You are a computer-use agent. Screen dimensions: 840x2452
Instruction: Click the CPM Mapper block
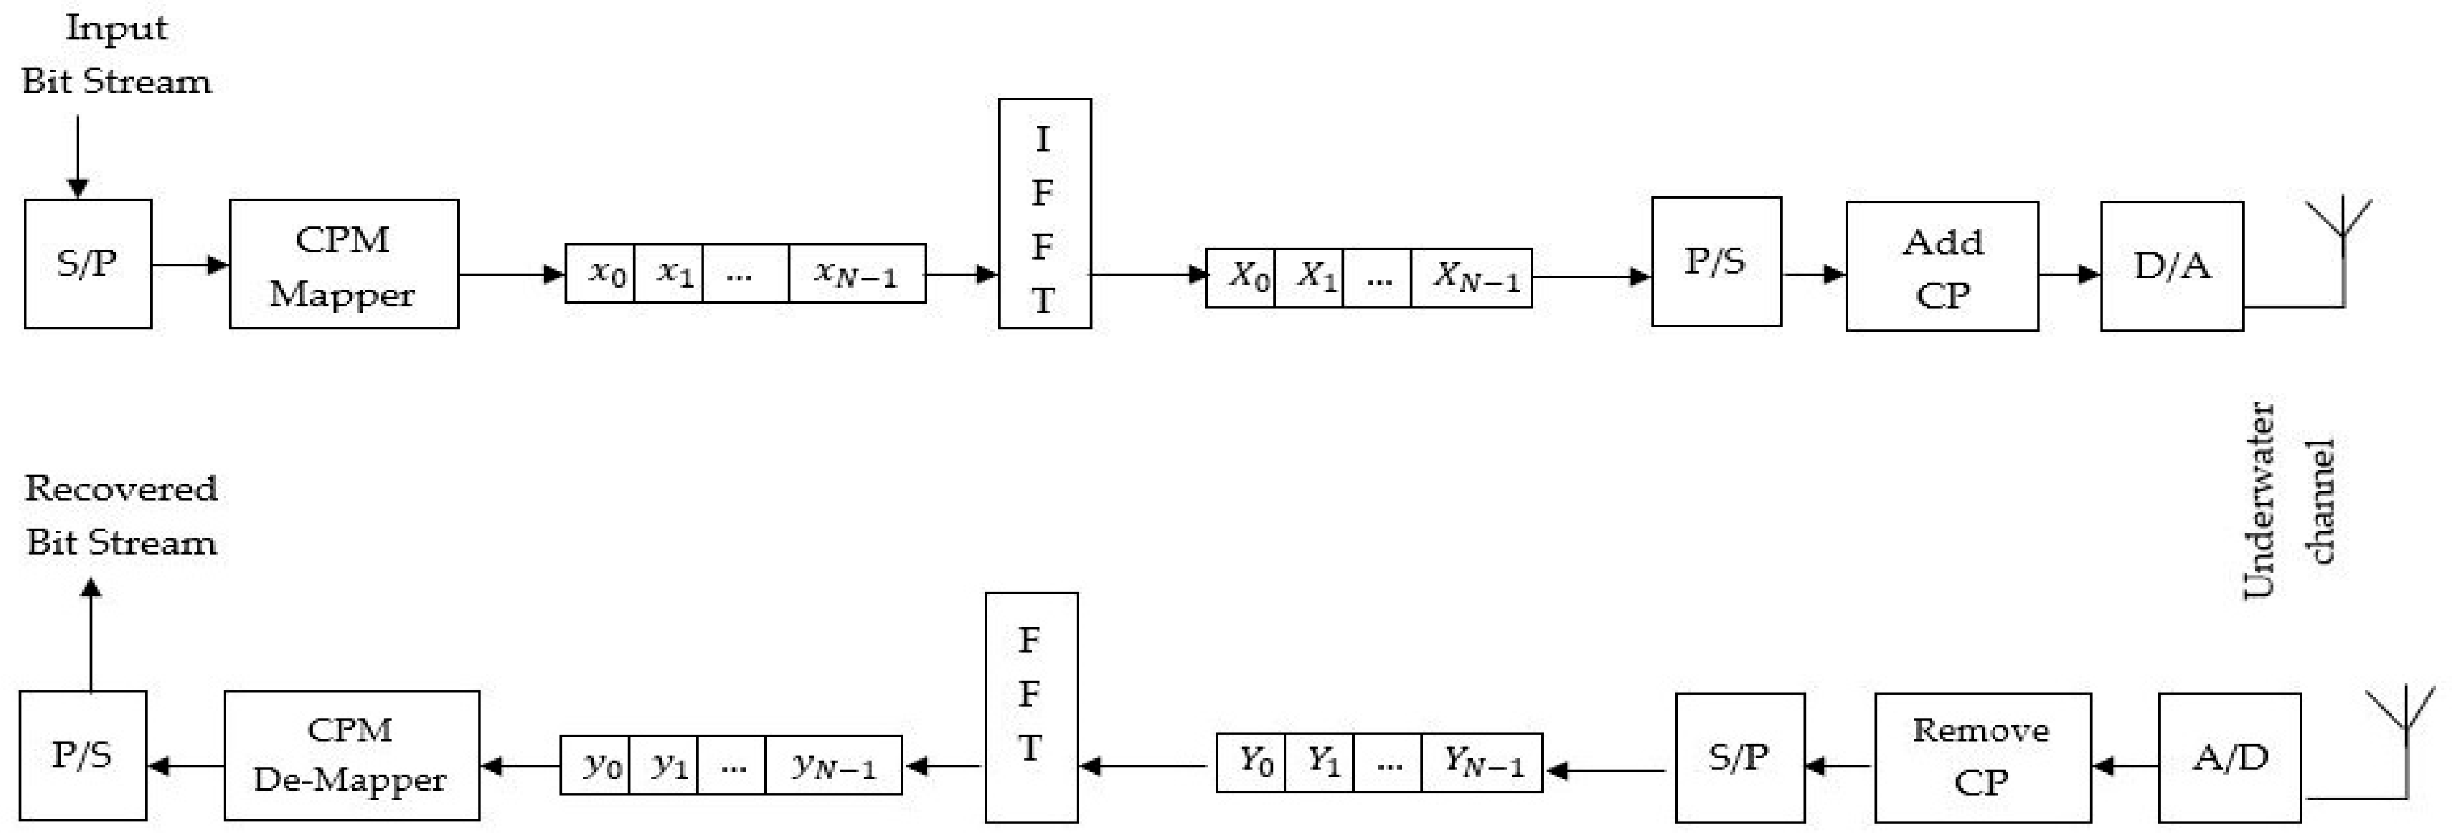pos(344,265)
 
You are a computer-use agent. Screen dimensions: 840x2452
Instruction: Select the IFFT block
pos(1044,214)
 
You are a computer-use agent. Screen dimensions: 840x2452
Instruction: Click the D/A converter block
pos(2171,266)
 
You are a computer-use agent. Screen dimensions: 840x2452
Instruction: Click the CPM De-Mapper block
pos(351,756)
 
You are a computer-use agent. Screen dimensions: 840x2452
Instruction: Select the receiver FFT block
pos(1031,707)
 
